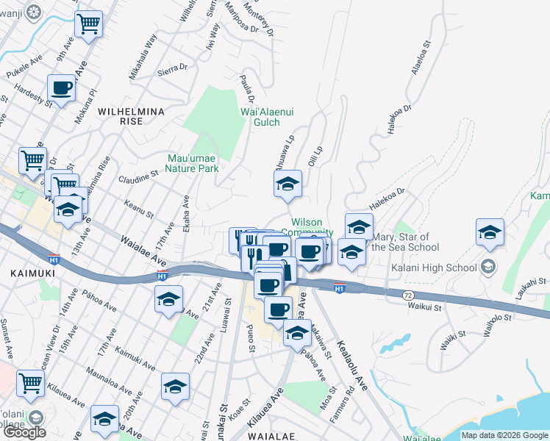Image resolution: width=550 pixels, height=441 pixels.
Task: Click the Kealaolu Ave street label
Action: point(352,363)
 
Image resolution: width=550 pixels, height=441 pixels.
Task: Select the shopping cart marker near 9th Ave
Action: point(89,24)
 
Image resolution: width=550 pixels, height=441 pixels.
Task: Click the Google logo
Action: point(24,432)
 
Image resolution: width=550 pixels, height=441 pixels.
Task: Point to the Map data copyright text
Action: point(504,435)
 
